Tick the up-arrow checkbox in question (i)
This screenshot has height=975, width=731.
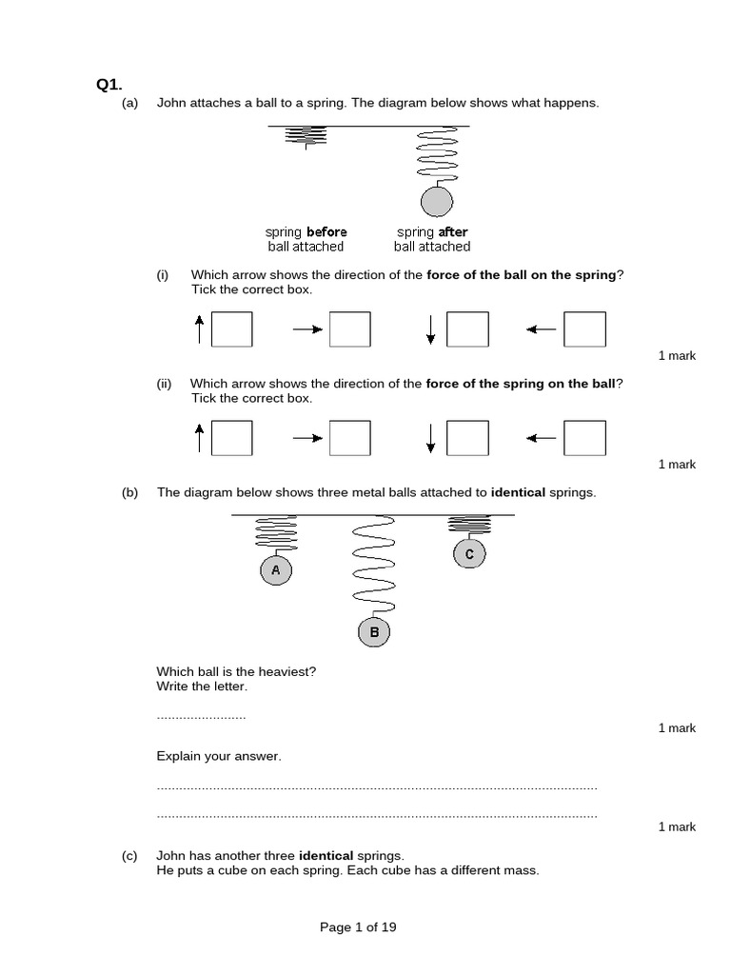(231, 329)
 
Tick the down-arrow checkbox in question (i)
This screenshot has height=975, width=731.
(467, 329)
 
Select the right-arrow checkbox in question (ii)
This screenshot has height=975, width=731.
(349, 438)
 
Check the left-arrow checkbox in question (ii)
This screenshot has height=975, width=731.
(584, 438)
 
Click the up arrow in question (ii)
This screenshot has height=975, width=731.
(199, 438)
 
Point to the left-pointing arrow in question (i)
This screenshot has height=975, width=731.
(542, 329)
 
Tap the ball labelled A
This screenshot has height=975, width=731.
(276, 570)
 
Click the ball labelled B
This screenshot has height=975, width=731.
(374, 631)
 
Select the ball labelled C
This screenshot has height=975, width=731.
(469, 553)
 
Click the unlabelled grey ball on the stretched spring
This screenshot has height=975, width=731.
(437, 202)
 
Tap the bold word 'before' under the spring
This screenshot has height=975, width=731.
(326, 232)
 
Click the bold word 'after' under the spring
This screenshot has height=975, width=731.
(453, 232)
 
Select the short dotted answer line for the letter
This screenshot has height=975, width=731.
(201, 716)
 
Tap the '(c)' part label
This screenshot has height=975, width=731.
(130, 856)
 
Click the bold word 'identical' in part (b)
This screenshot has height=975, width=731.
(518, 492)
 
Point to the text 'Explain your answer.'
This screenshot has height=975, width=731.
(219, 756)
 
